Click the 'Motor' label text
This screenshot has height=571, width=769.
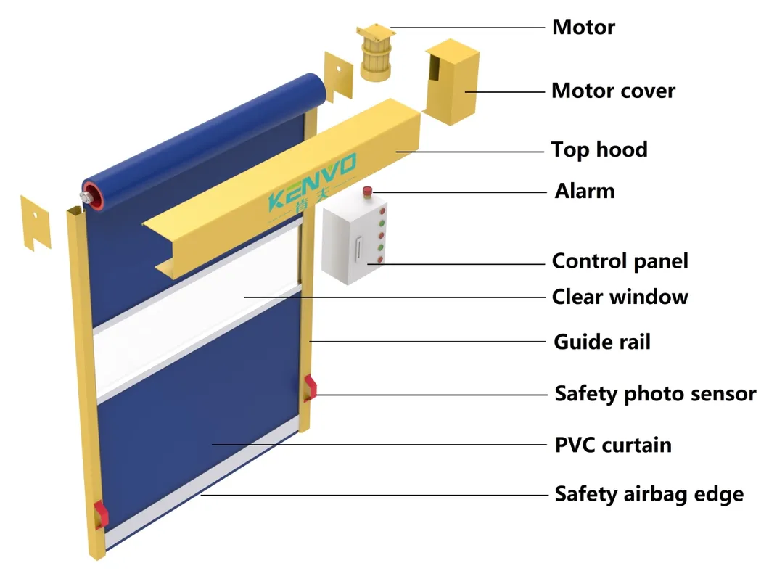[x=583, y=28]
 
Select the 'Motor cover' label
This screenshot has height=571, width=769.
[x=612, y=91]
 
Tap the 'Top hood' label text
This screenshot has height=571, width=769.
[x=599, y=150]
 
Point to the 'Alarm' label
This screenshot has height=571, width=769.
[x=584, y=192]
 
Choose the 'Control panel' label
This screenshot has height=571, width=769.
[x=620, y=261]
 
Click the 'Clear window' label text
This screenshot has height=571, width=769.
[x=620, y=297]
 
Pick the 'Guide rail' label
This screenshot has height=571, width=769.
[x=601, y=342]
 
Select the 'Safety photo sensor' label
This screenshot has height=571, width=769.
[x=654, y=394]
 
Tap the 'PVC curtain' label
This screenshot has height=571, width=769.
[x=612, y=445]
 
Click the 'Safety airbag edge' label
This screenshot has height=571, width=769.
[x=649, y=495]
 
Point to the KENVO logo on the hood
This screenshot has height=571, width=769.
[x=312, y=190]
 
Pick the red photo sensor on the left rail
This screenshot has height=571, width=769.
[x=99, y=514]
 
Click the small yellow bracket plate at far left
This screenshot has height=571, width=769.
[x=36, y=221]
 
